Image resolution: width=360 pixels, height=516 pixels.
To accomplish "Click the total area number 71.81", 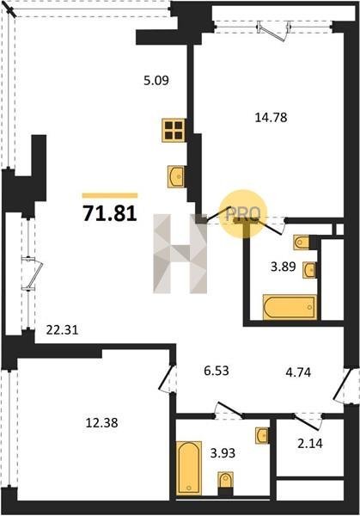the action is (x=109, y=213).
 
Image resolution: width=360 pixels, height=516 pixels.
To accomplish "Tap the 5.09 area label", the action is (x=156, y=80).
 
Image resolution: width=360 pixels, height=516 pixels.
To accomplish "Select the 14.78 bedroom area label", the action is (x=272, y=117).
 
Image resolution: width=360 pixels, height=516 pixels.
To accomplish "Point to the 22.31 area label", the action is (x=63, y=329).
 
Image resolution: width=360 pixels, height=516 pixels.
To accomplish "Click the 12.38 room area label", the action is (x=101, y=422).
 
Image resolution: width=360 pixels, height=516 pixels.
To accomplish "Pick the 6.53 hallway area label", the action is (x=217, y=371).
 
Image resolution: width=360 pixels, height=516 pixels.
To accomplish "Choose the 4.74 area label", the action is (x=298, y=372).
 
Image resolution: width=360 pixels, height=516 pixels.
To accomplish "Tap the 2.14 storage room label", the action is (x=310, y=444).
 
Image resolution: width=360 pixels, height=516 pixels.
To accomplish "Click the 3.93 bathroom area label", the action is (x=223, y=453).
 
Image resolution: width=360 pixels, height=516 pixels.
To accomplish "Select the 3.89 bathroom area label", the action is (x=284, y=267).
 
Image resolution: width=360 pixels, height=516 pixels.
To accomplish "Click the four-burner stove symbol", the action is (x=174, y=131).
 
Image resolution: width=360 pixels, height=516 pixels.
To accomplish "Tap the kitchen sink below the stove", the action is (x=176, y=176).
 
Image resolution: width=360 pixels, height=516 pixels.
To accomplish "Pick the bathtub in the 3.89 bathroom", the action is (x=290, y=307).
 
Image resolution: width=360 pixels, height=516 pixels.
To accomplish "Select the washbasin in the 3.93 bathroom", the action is (x=263, y=435).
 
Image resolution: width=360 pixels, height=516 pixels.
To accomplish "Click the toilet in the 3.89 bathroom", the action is (x=302, y=243).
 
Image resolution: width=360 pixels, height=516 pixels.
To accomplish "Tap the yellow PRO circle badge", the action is (x=244, y=214).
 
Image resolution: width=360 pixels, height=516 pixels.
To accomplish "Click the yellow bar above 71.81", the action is (x=110, y=195).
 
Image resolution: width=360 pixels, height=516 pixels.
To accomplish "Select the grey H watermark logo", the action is (x=180, y=254).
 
